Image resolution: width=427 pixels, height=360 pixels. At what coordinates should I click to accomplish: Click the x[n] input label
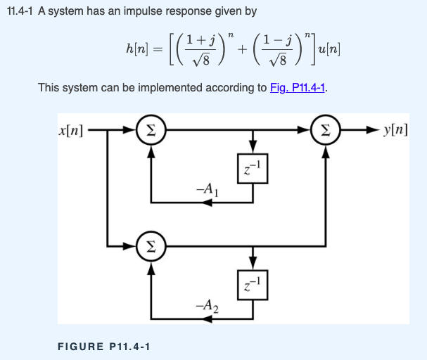[72, 131]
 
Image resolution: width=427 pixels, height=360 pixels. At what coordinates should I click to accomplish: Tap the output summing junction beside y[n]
[324, 131]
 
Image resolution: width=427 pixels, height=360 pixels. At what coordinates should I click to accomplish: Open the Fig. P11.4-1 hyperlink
[299, 89]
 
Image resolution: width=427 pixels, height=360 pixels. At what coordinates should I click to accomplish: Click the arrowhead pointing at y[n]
[373, 131]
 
